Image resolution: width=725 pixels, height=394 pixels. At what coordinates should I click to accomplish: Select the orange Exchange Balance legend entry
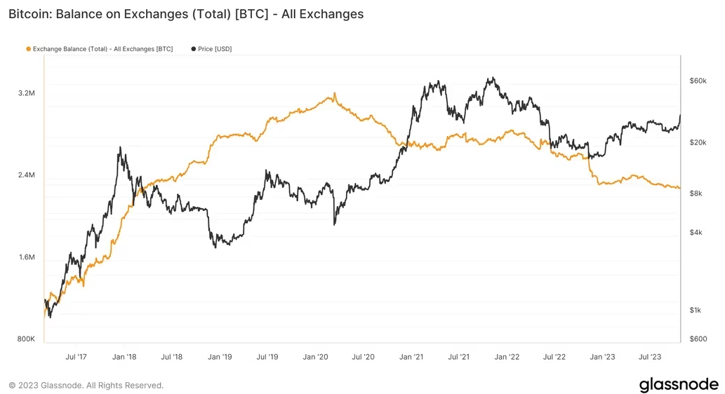[x=99, y=49]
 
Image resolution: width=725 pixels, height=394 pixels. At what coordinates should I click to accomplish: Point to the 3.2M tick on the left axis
[x=27, y=93]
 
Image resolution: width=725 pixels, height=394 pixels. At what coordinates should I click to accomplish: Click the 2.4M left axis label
[x=27, y=175]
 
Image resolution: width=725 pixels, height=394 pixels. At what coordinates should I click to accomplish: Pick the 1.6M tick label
[x=27, y=257]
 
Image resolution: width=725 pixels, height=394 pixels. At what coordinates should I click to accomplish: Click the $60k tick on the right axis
[x=698, y=81]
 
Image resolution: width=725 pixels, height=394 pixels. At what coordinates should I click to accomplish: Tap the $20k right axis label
[x=698, y=142]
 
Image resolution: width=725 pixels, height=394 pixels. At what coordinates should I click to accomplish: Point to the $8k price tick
[x=696, y=193]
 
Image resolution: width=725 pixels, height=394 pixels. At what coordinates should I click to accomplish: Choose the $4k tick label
[x=696, y=232]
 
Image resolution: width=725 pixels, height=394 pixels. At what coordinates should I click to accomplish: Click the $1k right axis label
[x=696, y=310]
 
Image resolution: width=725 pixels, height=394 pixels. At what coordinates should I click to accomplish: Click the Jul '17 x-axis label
[x=76, y=357]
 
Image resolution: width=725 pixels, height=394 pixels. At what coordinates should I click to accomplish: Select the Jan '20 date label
[x=315, y=357]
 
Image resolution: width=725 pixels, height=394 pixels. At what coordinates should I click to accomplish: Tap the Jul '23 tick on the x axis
[x=650, y=357]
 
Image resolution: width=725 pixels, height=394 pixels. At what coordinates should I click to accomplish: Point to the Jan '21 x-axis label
[x=411, y=357]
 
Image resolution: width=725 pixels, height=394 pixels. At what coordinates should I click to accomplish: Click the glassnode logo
[x=679, y=384]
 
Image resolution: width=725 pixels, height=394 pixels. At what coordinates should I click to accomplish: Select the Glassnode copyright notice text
[x=86, y=385]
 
